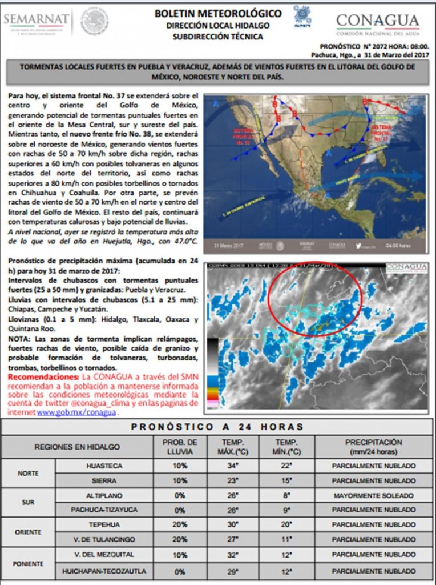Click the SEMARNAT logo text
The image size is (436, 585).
pos(36,19)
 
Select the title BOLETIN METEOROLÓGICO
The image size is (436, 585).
pos(217,13)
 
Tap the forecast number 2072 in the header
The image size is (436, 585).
pos(374,46)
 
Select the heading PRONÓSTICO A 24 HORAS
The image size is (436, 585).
pos(217,427)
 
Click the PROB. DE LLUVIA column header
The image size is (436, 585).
pos(180,447)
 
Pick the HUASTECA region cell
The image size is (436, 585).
pos(104,466)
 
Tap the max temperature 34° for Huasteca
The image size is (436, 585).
pos(232,466)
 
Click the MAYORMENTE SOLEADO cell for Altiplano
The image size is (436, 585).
pos(373,496)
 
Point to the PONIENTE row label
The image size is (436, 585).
pos(28,563)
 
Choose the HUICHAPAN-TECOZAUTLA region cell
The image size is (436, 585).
pos(104,571)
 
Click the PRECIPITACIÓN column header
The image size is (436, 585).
pos(373,447)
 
